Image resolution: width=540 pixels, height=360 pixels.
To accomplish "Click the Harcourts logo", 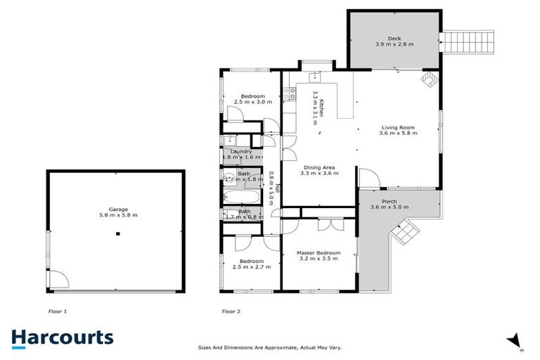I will point(62,337).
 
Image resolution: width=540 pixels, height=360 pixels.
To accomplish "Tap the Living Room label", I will point(397,130).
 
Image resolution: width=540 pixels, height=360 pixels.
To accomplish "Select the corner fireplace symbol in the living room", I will point(427,81).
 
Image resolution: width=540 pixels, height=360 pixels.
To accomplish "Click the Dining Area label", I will point(318,169).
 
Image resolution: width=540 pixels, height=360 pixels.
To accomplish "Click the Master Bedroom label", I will point(319,255).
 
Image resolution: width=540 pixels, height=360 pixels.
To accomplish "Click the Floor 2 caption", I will point(231,310).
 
